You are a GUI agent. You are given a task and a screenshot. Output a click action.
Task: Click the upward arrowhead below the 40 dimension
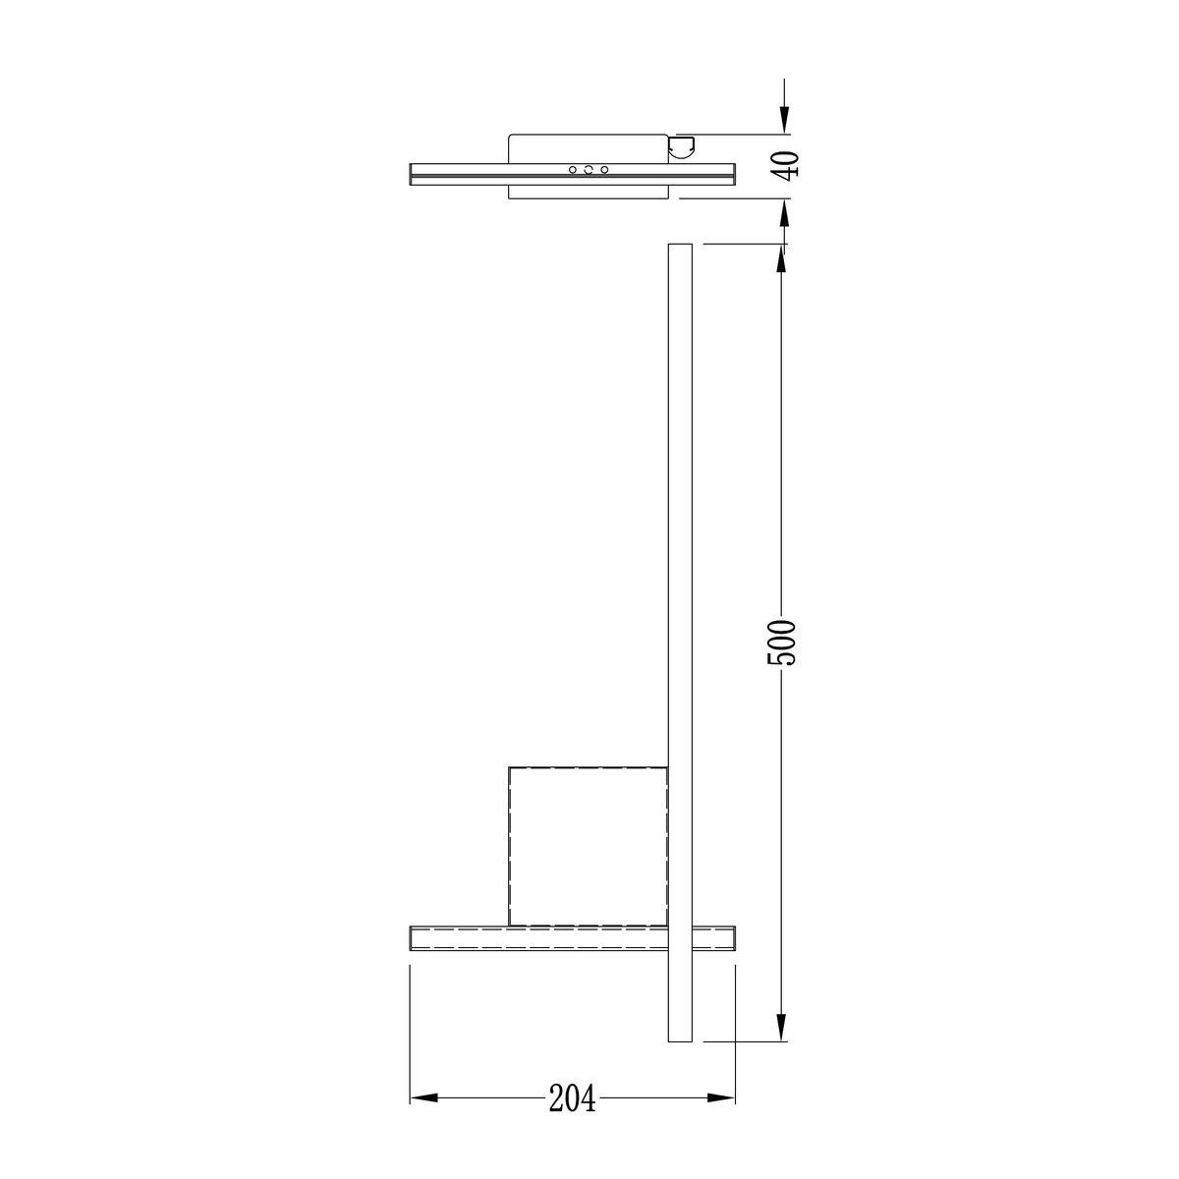point(783,212)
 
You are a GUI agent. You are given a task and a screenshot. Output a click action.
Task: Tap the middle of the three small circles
point(589,170)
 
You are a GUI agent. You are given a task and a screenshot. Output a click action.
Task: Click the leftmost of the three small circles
point(573,170)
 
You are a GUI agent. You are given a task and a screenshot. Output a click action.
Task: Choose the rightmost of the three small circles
point(604,170)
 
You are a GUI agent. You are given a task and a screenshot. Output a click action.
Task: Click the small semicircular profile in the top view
point(681,147)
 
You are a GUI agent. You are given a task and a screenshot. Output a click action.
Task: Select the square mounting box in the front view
point(588,846)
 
